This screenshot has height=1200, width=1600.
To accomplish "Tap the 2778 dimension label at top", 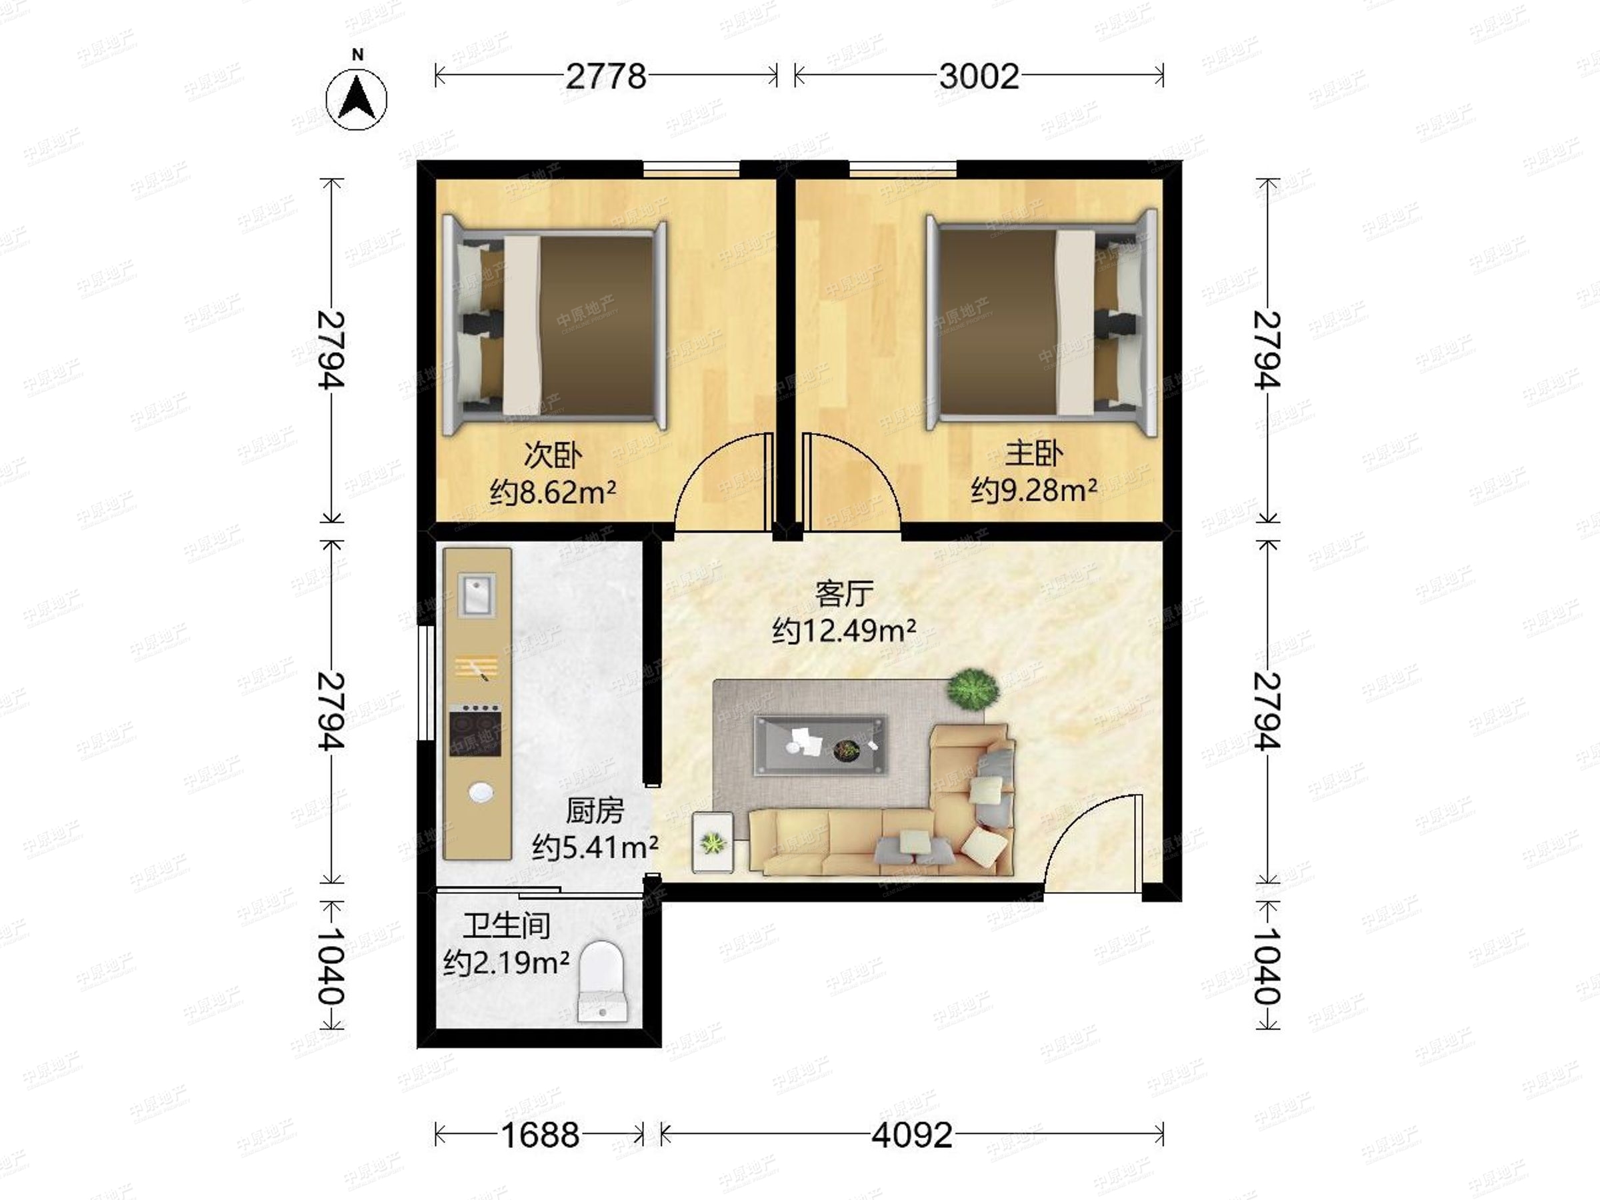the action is pyautogui.click(x=605, y=77).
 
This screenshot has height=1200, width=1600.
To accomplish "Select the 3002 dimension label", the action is pyautogui.click(x=979, y=77).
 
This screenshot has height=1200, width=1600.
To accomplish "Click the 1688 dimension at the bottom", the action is pyautogui.click(x=539, y=1135).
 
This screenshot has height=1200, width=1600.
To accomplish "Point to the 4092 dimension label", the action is pyautogui.click(x=911, y=1135).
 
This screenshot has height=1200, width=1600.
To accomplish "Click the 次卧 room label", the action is pyautogui.click(x=553, y=455).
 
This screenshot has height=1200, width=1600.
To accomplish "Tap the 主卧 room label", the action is pyautogui.click(x=1033, y=453).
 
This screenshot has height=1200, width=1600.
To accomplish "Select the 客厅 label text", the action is pyautogui.click(x=844, y=594).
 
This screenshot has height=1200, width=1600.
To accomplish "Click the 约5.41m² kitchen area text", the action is pyautogui.click(x=595, y=845).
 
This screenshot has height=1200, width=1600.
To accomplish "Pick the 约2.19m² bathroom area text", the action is pyautogui.click(x=506, y=962).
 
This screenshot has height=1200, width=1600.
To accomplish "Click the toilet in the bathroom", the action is pyautogui.click(x=603, y=981).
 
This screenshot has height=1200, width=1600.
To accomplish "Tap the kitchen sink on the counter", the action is pyautogui.click(x=477, y=595).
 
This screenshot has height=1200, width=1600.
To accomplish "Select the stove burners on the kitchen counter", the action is pyautogui.click(x=475, y=730).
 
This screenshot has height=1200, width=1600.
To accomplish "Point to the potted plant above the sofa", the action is pyautogui.click(x=973, y=689).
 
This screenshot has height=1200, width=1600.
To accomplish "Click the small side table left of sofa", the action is pyautogui.click(x=713, y=842).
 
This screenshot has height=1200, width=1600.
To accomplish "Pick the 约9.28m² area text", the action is pyautogui.click(x=1033, y=490).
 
